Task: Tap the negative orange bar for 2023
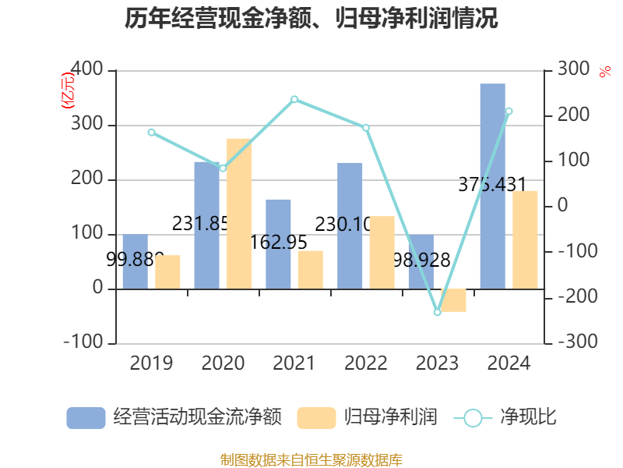(x=453, y=300)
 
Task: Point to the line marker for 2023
(x=437, y=312)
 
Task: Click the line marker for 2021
(x=294, y=99)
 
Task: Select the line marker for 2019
(x=151, y=133)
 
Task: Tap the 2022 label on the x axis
(x=365, y=363)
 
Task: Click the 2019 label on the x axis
(x=151, y=363)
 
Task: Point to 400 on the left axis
(x=87, y=70)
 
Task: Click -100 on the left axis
(x=83, y=342)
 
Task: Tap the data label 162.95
(x=279, y=243)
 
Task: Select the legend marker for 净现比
(x=473, y=418)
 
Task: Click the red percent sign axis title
(x=605, y=73)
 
